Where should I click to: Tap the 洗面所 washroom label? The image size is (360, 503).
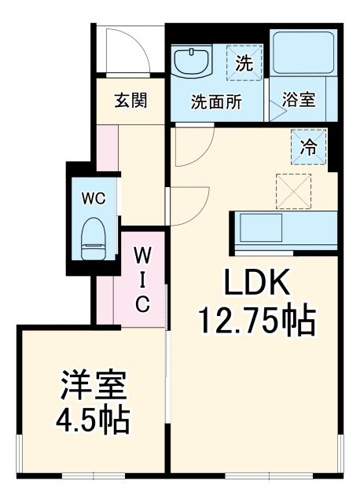tap(216, 101)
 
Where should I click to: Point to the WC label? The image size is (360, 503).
tap(93, 198)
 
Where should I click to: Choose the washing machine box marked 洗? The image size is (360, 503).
tap(244, 64)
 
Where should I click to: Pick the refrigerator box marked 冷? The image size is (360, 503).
tap(309, 145)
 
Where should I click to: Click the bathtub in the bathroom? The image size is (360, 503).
tap(303, 55)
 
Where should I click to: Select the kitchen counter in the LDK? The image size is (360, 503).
tap(283, 229)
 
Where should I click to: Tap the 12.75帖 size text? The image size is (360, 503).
tap(256, 320)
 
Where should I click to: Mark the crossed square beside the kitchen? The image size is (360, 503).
tap(292, 190)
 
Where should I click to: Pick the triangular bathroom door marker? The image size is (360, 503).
tap(276, 109)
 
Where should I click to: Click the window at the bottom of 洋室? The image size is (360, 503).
tap(94, 476)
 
